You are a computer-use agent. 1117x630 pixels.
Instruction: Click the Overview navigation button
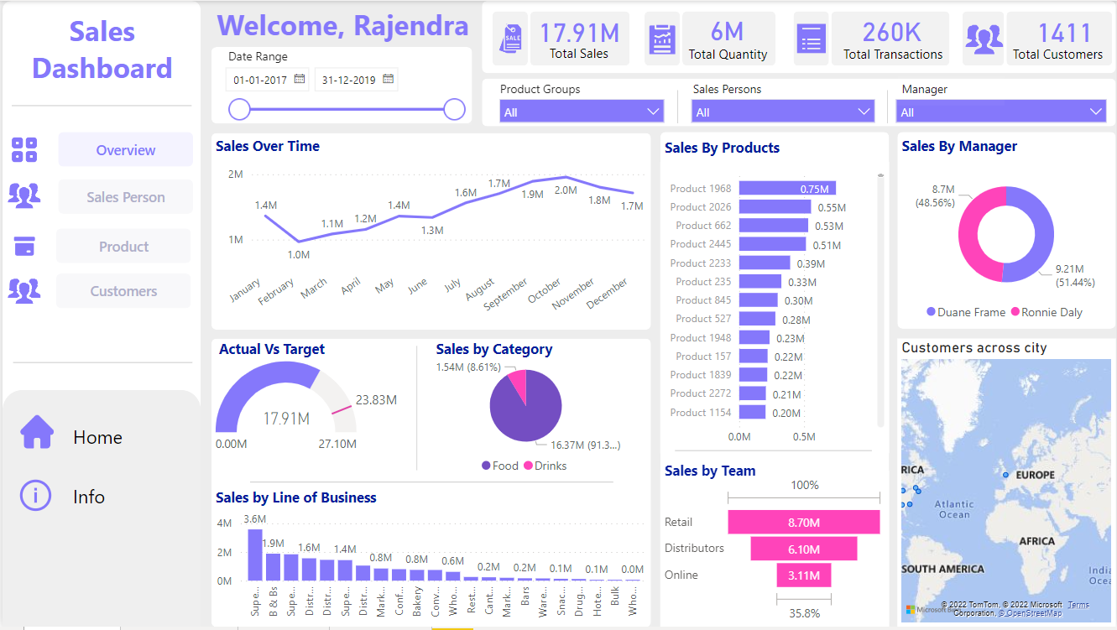click(125, 150)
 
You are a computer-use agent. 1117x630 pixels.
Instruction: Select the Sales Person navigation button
click(125, 197)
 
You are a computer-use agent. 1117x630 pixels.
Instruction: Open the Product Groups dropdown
click(582, 112)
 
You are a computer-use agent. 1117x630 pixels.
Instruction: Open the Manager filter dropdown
click(1001, 112)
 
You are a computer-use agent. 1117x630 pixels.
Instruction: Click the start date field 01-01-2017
click(259, 80)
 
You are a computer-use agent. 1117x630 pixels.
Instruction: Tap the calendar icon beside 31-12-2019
click(388, 79)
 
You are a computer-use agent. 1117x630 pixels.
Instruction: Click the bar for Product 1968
click(787, 189)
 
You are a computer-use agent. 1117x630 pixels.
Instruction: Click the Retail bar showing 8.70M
click(803, 523)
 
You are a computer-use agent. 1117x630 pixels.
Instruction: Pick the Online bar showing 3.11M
click(803, 575)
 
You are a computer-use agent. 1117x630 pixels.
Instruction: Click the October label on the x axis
click(545, 290)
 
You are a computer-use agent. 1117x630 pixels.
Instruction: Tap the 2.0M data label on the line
click(566, 190)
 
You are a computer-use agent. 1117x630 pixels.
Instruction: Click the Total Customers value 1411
click(1057, 33)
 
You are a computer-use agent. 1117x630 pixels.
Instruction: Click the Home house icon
click(37, 433)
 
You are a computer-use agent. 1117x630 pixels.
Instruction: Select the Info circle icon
click(35, 496)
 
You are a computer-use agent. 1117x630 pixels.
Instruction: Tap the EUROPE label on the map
click(1035, 475)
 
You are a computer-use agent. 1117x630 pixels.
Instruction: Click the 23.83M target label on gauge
click(376, 399)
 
